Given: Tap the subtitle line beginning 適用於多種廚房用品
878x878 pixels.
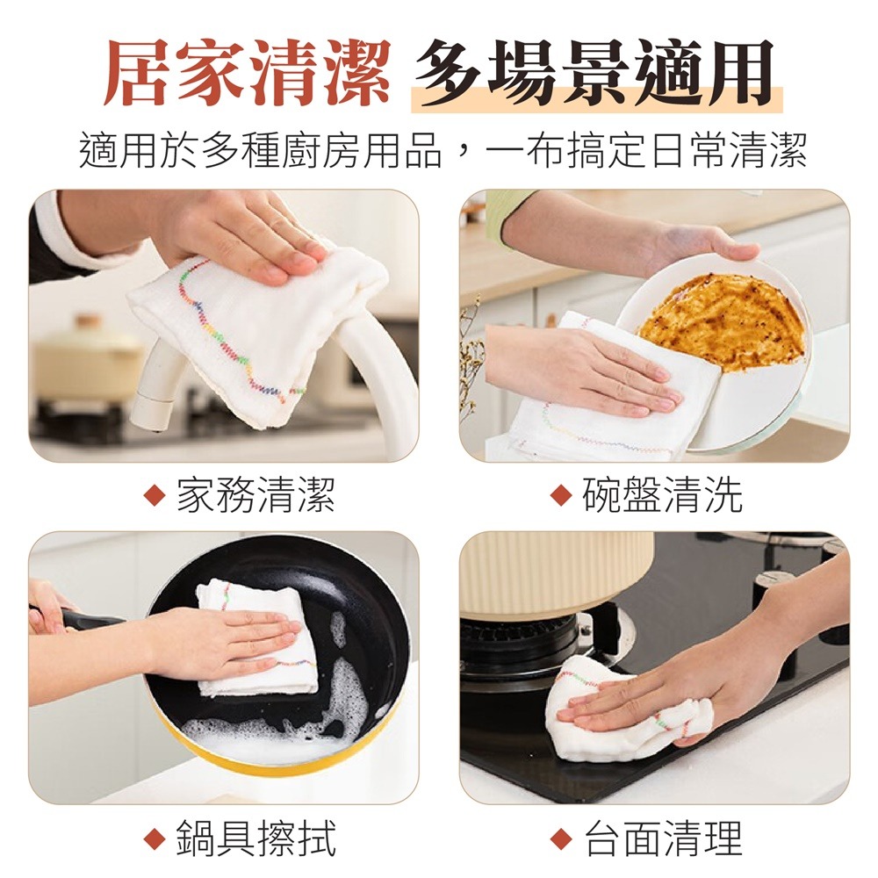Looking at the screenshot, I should [x=439, y=150].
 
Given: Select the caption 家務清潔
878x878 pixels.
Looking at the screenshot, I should [x=255, y=495].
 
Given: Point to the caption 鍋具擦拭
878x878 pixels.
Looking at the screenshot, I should [x=255, y=838].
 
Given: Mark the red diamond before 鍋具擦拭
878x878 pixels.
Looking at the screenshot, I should [x=155, y=838].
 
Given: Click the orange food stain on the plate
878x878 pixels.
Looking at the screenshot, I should [x=720, y=316].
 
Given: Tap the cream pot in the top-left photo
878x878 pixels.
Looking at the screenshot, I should [x=88, y=360].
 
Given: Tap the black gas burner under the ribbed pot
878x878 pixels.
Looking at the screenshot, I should [x=518, y=641].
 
